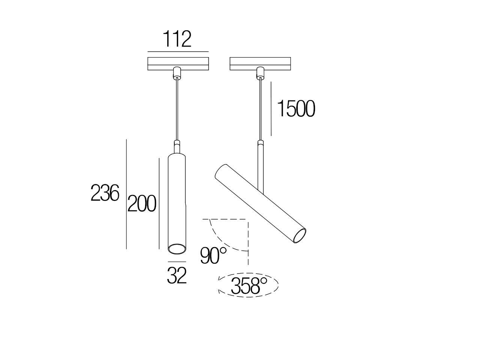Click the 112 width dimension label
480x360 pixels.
pos(177,39)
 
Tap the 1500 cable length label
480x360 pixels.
pos(296,109)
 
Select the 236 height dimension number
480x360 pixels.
pos(105,194)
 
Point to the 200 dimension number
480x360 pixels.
pos(142,204)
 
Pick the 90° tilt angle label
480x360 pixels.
pos(213,256)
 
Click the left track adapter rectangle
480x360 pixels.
pos(178,63)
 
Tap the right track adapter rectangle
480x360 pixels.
pos(259,63)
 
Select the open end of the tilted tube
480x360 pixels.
pos(300,236)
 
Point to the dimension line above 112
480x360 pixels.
pos(178,51)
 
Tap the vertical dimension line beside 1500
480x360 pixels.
pos(271,109)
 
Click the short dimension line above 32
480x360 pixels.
pos(177,261)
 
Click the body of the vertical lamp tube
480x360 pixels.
pos(177,199)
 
